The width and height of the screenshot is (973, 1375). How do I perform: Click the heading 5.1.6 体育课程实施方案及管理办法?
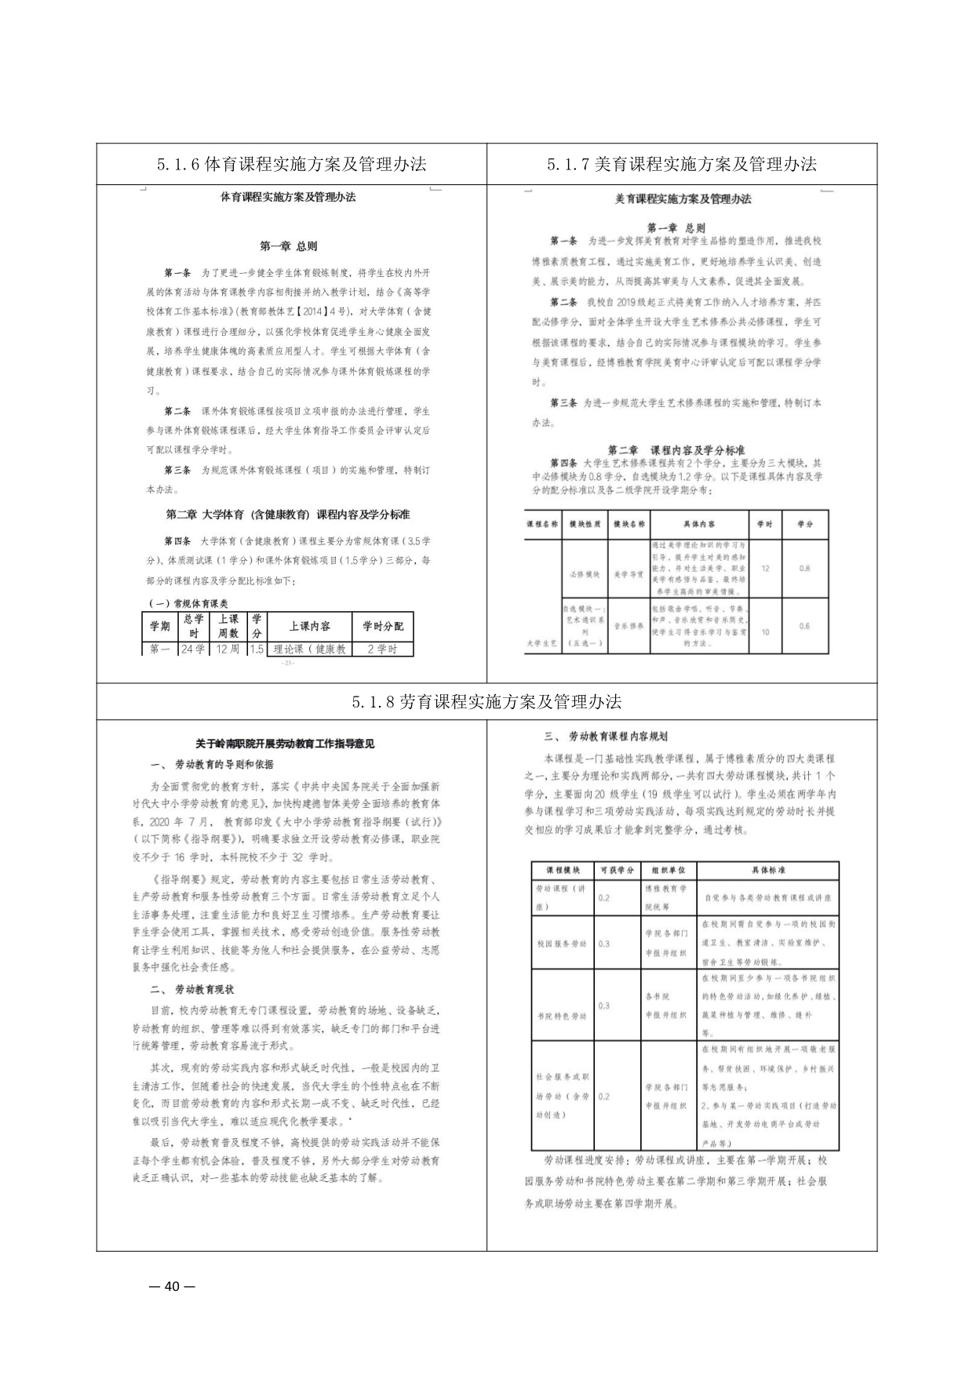pyautogui.click(x=291, y=164)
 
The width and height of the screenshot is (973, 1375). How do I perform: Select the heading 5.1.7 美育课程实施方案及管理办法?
pyautogui.click(x=682, y=164)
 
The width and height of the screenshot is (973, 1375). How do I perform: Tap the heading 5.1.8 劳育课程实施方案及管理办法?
pyautogui.click(x=486, y=701)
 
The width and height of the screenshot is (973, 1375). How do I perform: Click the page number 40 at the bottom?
pyautogui.click(x=172, y=1286)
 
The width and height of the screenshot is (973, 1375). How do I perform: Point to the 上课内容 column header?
pyautogui.click(x=309, y=626)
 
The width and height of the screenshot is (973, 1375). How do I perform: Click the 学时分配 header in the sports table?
pyautogui.click(x=382, y=626)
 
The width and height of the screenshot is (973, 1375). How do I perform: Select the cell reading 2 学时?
pyautogui.click(x=382, y=649)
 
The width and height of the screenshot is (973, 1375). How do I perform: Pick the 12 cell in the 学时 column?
pyautogui.click(x=764, y=568)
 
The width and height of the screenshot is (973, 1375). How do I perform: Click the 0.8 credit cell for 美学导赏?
pyautogui.click(x=804, y=568)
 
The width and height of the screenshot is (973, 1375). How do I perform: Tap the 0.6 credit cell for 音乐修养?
pyautogui.click(x=804, y=626)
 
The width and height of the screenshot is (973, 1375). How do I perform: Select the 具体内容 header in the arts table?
pyautogui.click(x=698, y=524)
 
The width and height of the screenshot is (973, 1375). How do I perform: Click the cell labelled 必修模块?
pyautogui.click(x=585, y=574)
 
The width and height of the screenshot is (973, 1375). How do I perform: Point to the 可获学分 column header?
pyautogui.click(x=617, y=870)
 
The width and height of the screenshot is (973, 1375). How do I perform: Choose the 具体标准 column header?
pyautogui.click(x=767, y=870)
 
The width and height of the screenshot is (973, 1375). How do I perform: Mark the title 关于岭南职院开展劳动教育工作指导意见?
pyautogui.click(x=285, y=743)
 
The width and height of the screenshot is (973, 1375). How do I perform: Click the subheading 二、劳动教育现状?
pyautogui.click(x=193, y=989)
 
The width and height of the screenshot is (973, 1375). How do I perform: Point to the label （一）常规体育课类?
pyautogui.click(x=188, y=603)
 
